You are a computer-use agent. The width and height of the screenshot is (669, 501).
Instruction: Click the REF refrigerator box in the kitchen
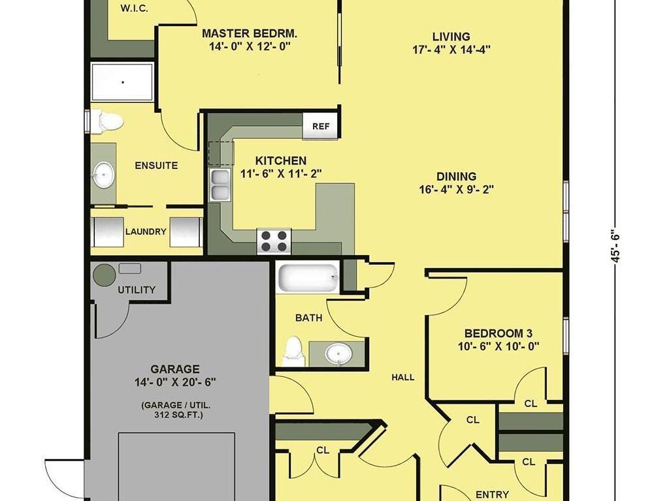click(x=320, y=126)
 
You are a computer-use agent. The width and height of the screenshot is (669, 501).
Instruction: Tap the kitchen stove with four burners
click(x=274, y=241)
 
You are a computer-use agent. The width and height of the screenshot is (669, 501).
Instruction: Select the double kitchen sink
click(x=219, y=185)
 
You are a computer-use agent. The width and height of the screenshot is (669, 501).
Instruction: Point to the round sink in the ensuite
click(x=104, y=175)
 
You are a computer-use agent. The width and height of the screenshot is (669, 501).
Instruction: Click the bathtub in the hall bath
click(x=308, y=277)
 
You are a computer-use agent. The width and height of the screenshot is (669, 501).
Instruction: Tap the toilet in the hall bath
click(x=293, y=352)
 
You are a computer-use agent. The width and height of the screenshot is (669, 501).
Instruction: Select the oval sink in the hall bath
click(x=339, y=354)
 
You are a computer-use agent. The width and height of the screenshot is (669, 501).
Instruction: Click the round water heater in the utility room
click(x=104, y=275)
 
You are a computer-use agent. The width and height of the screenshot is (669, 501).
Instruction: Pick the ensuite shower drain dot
click(x=123, y=82)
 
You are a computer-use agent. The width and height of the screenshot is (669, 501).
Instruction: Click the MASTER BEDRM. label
click(x=250, y=33)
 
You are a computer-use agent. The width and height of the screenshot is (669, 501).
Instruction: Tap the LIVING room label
click(x=451, y=37)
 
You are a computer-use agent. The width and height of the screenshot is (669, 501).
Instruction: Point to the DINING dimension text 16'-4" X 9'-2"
click(x=457, y=189)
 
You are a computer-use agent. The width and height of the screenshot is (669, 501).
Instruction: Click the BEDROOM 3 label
click(x=498, y=333)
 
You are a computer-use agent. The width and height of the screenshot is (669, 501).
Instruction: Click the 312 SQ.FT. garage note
click(x=178, y=414)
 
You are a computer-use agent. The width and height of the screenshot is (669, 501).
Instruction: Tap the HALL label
click(x=403, y=377)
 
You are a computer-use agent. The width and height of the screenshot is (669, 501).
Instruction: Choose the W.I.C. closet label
click(x=135, y=8)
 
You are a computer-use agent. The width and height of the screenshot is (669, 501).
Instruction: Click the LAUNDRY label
click(x=146, y=232)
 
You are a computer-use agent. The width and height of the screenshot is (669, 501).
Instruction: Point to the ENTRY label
click(x=492, y=494)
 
